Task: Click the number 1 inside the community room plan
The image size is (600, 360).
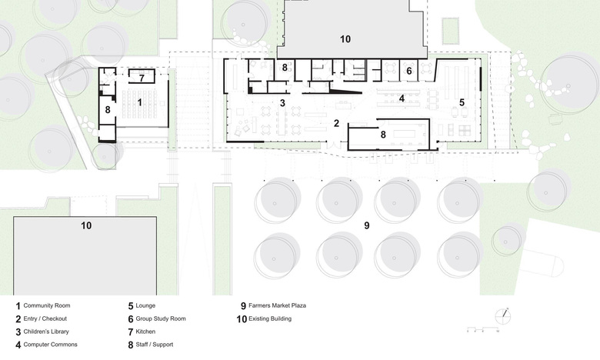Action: click(140, 102)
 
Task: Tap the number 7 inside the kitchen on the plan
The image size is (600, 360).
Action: click(142, 78)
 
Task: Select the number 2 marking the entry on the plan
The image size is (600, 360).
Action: click(336, 123)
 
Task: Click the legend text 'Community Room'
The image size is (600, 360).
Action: click(47, 305)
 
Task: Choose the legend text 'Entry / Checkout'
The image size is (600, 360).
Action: click(45, 318)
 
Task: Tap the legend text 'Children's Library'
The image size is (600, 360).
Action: click(46, 332)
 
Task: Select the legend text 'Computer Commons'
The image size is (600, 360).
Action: click(50, 345)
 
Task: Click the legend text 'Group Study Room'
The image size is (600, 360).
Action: click(161, 318)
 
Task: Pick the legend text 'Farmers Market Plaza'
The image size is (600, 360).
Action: click(277, 305)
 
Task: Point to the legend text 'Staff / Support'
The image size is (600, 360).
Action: click(154, 345)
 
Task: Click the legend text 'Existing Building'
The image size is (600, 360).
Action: click(270, 318)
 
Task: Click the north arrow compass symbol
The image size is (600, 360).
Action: click(503, 316)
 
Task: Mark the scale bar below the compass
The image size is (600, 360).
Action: click(483, 329)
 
